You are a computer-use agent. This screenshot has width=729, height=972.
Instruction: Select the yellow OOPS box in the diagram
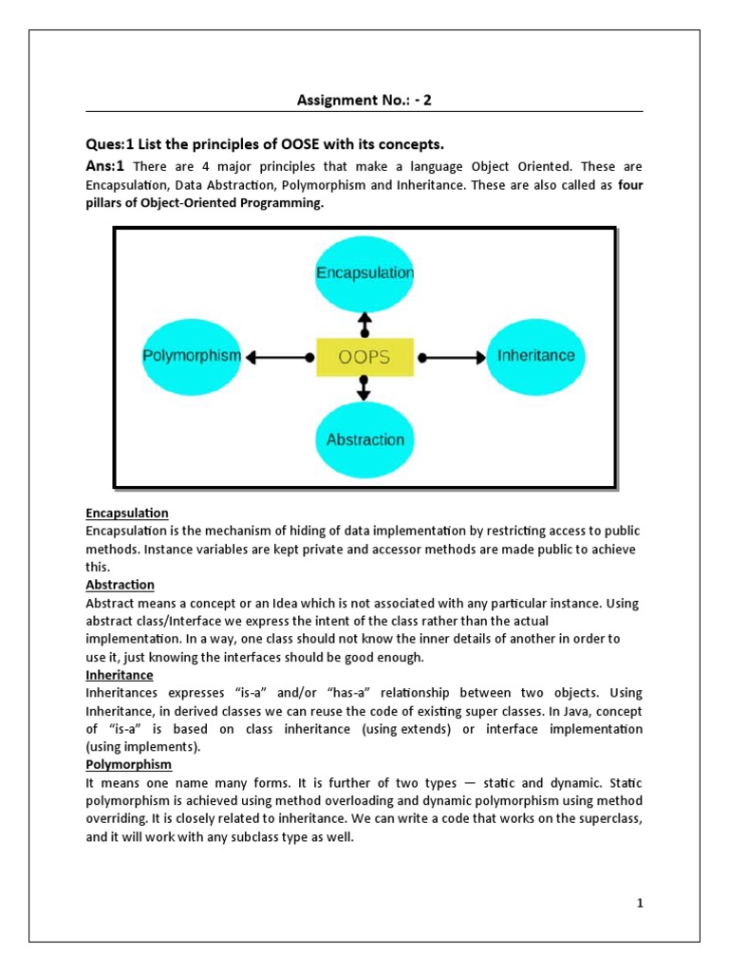364,358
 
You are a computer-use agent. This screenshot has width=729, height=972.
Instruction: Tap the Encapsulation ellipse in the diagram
364,273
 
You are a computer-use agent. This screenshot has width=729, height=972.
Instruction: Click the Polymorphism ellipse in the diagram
192,357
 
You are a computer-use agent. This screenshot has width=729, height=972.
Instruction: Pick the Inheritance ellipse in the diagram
536,357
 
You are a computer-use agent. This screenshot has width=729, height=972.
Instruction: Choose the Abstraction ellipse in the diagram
364,439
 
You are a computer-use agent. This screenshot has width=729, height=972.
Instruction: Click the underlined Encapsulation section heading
126,513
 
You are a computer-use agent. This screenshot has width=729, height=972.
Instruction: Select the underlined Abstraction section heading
120,585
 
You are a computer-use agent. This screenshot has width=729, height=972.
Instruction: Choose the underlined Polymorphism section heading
124,763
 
